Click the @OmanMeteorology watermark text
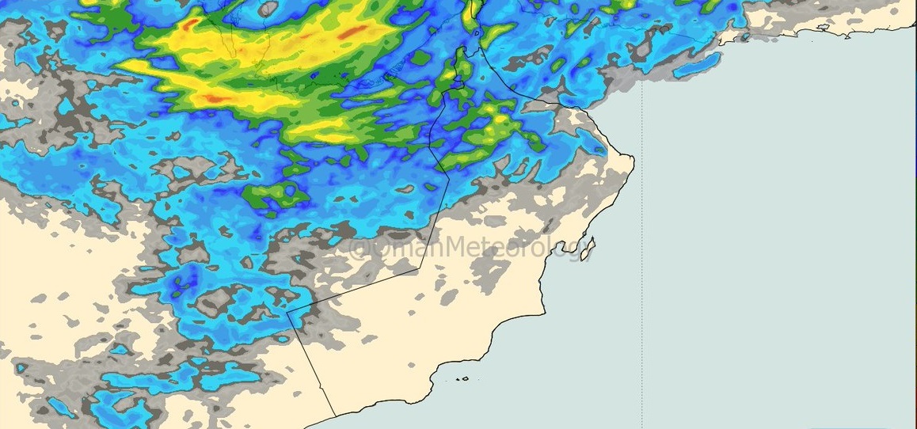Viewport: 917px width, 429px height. (470, 248)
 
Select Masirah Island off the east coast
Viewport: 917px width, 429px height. (587, 249)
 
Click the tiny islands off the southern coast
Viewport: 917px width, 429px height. (459, 378)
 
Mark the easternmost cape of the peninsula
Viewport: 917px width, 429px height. (633, 161)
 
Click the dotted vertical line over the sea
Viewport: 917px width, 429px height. (641, 237)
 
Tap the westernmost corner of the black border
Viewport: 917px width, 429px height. (287, 311)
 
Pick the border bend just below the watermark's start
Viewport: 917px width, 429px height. (418, 268)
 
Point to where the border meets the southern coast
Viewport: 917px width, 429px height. (335, 415)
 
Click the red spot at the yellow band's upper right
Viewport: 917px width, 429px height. (353, 32)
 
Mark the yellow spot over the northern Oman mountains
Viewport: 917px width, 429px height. (500, 120)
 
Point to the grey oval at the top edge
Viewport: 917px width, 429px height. (269, 8)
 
